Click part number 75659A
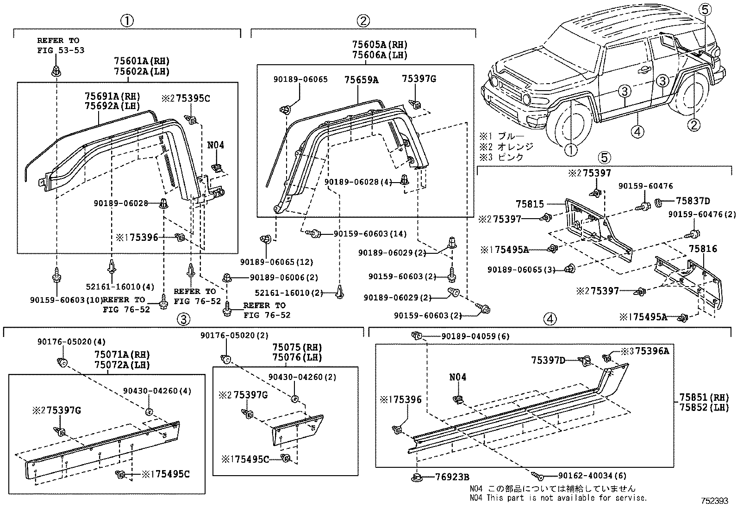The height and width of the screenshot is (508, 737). pyautogui.click(x=361, y=80)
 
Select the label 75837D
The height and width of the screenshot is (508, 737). pyautogui.click(x=693, y=201)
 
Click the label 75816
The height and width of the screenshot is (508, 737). pyautogui.click(x=702, y=249)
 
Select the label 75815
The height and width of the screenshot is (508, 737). pyautogui.click(x=530, y=204)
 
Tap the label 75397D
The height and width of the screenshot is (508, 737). pyautogui.click(x=548, y=360)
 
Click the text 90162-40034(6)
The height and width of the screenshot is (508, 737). pyautogui.click(x=586, y=475)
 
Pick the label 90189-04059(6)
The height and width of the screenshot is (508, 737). pyautogui.click(x=475, y=337)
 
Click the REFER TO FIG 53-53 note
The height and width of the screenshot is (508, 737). pyautogui.click(x=61, y=45)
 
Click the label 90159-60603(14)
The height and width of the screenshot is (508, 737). pyautogui.click(x=370, y=234)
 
